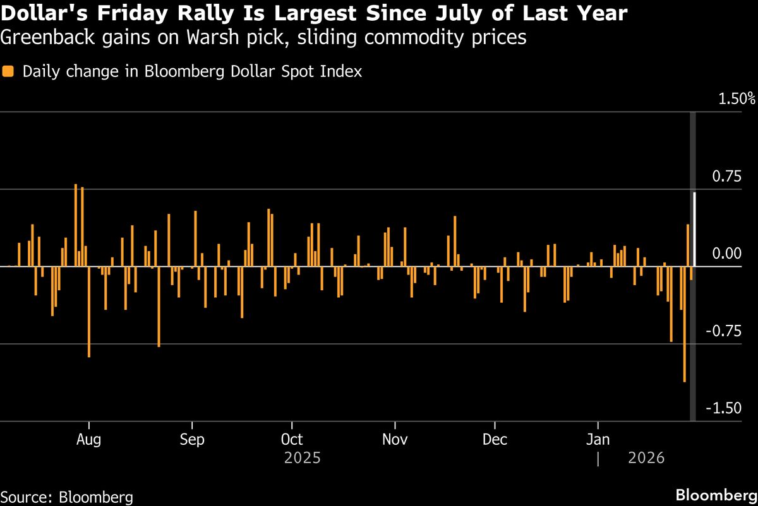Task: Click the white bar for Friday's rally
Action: (695, 229)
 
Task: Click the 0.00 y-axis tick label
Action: (725, 254)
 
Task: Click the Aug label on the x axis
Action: (90, 439)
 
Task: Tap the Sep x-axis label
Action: (191, 439)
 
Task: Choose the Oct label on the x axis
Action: (292, 439)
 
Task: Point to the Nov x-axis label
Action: (395, 439)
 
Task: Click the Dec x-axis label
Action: (495, 439)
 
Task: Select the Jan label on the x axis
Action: (598, 439)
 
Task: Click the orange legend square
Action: (8, 71)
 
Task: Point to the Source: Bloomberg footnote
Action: (67, 496)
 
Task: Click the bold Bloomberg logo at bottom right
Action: (716, 495)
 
